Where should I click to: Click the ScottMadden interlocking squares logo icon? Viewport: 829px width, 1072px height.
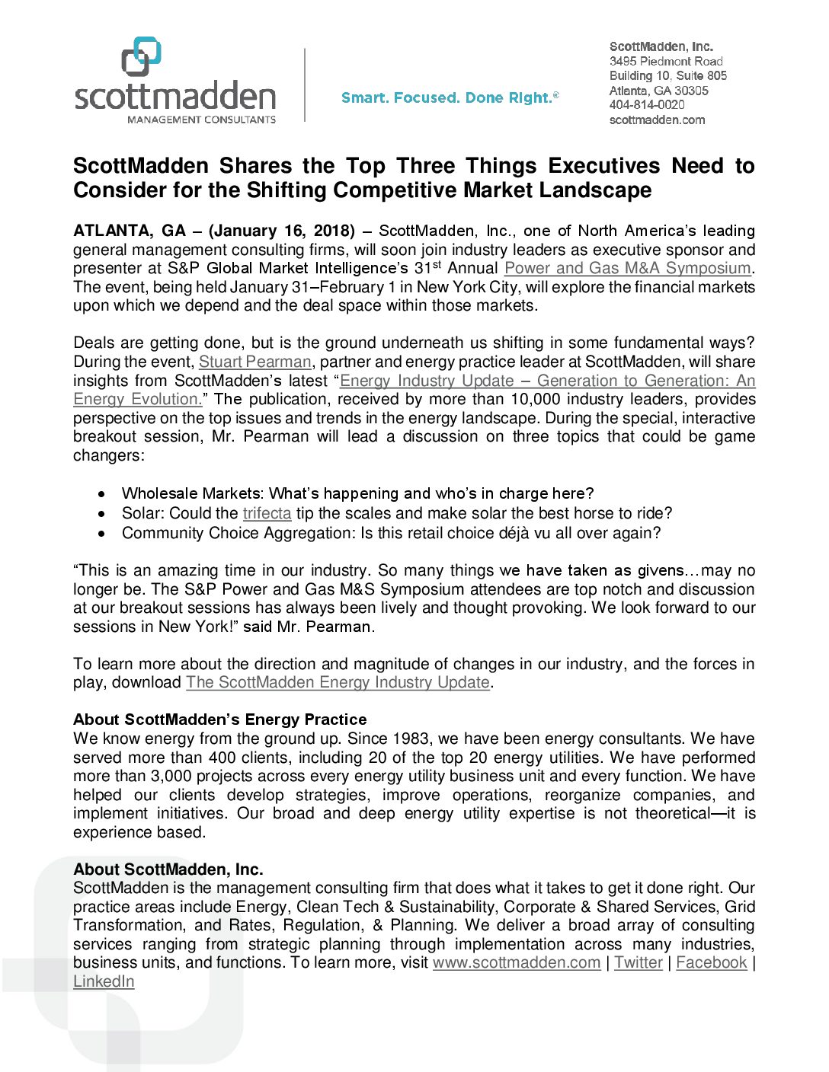coord(142,56)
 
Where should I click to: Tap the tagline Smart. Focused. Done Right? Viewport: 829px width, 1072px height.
coord(450,97)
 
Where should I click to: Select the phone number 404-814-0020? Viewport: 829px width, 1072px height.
coord(647,105)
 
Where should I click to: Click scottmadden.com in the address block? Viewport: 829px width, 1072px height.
coord(657,120)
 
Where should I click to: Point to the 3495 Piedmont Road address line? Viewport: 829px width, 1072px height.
coord(666,61)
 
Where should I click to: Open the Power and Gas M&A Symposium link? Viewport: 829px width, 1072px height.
coord(627,268)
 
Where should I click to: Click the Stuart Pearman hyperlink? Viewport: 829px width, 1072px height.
coord(255,362)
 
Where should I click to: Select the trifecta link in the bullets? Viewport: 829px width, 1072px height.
coord(267,514)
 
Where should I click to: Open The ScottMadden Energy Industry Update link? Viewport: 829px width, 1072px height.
coord(338,682)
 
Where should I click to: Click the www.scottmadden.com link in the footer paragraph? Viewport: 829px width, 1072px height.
coord(517,962)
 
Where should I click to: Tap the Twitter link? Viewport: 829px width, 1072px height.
coord(639,962)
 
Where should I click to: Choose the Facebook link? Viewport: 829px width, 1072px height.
coord(712,962)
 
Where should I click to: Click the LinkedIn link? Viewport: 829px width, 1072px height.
coord(104,981)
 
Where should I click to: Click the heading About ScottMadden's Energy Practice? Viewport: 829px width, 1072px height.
coord(219,719)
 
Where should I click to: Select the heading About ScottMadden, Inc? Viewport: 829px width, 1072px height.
coord(168,869)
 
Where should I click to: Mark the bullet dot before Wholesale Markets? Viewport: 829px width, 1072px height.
coord(102,494)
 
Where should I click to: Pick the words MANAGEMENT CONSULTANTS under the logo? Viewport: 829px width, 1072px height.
coord(201,120)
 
